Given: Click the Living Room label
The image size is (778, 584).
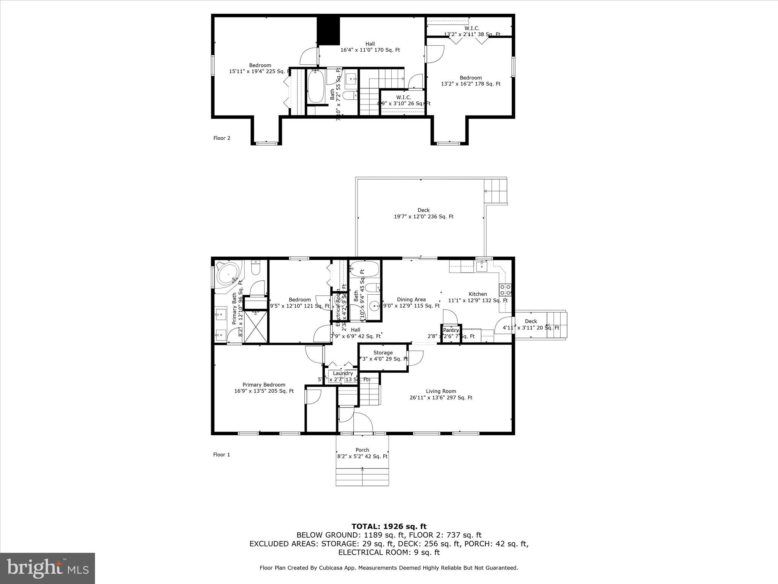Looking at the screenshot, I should pos(441,394).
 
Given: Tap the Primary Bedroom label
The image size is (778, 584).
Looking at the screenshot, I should pos(264,387).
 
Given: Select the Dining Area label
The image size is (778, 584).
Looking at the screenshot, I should pos(411,302).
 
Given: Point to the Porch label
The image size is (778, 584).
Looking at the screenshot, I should pos(362,453).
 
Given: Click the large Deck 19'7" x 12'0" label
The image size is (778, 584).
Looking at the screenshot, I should pos(423,213).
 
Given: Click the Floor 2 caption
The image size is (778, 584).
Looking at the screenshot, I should pos(221,138).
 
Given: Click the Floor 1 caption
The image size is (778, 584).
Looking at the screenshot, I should pos(221,454).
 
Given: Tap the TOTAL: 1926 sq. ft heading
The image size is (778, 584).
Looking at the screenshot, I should pos(389,527).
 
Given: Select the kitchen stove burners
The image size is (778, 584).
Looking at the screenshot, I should pos(505,290).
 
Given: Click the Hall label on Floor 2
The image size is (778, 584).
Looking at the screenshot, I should pos(370,47).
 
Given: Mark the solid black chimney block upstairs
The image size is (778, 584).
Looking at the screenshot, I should pos(328,30).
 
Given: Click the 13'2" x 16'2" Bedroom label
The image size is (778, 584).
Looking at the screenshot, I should pos(470,81).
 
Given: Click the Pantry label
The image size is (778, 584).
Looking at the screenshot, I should pos(451,330).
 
